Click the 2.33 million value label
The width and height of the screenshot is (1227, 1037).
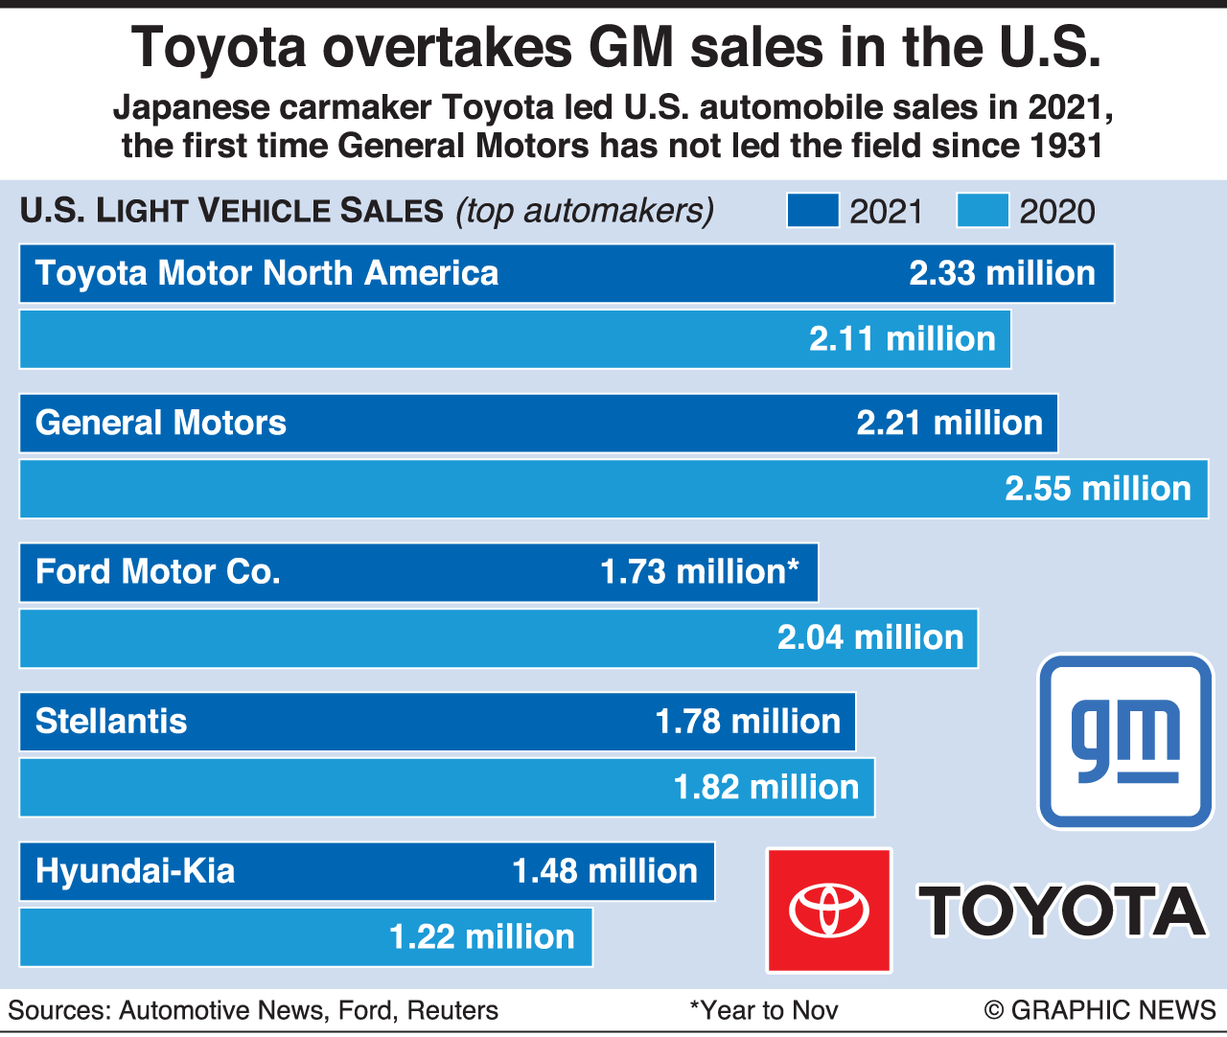[1002, 274]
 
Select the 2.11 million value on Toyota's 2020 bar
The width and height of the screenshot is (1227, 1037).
[902, 339]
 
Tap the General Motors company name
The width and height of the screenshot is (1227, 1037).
[161, 423]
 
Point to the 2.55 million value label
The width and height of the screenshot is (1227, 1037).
[1098, 489]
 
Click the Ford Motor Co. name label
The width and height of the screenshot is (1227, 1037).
[158, 572]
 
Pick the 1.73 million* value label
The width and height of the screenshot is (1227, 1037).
[699, 572]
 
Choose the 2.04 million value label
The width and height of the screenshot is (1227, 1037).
[870, 637]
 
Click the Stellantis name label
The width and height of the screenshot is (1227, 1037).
[111, 722]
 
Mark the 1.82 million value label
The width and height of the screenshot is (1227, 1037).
[766, 788]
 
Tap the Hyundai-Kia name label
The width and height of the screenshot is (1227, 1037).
[135, 871]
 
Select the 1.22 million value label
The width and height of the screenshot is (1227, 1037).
[481, 937]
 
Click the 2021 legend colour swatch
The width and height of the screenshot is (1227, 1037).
[812, 211]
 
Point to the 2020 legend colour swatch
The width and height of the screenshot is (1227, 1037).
[983, 211]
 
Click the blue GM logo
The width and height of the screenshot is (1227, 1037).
[1125, 741]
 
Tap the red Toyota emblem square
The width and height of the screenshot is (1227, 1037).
[829, 910]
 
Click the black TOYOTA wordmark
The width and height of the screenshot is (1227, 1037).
[1062, 910]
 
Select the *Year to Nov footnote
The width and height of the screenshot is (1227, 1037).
[764, 1010]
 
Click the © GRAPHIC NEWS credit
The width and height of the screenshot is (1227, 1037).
[1100, 1010]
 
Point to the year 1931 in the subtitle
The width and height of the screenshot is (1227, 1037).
[1066, 147]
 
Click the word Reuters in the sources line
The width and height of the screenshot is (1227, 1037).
[452, 1010]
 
